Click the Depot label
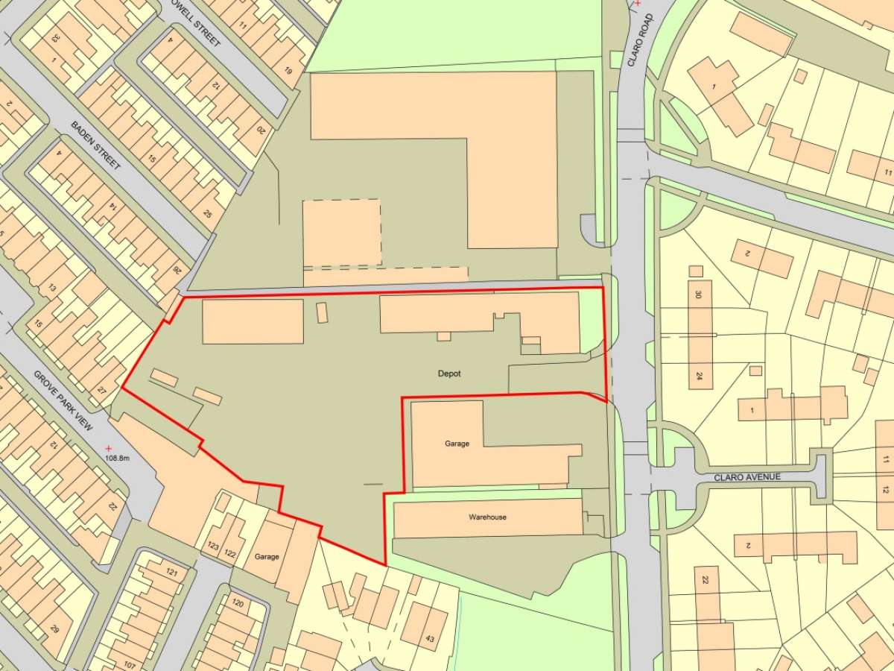coord(450,374)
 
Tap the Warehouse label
coord(487,517)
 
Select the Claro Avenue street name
coord(747,477)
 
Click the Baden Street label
coord(95,146)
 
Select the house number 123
coord(213,546)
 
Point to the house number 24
coord(699,376)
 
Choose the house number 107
coord(130,664)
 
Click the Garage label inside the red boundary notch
coord(457,444)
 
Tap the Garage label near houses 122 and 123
coord(266,556)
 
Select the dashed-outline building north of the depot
coord(342,233)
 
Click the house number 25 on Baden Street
coord(207,215)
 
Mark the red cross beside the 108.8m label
coord(109,447)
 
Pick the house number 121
coord(173,573)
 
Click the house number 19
coord(288,71)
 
